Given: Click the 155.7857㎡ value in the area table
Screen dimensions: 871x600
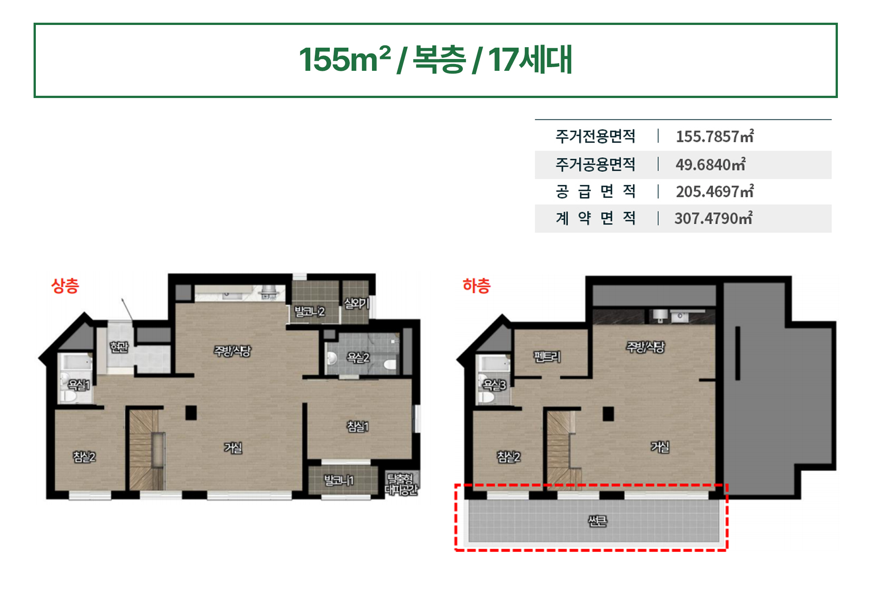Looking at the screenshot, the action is [x=715, y=136].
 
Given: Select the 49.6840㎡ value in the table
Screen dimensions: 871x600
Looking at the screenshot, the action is [x=710, y=164].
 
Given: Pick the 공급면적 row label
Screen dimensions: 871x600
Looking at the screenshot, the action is [x=596, y=192].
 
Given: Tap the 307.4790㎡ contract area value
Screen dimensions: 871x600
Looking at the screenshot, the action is [x=714, y=218].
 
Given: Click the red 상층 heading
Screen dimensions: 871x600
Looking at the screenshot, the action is [x=65, y=286].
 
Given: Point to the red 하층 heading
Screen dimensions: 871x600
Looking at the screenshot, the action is [x=476, y=286].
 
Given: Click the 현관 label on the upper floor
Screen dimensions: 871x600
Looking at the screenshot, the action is [x=119, y=347].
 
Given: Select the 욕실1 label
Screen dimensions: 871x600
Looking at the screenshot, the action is [x=79, y=385].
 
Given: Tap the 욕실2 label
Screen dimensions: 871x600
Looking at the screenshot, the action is [x=358, y=358].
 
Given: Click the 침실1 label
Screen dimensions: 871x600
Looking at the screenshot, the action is [x=358, y=426].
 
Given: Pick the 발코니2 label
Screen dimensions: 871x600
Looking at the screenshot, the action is [x=310, y=311].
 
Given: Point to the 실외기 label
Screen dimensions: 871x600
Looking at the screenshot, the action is [x=356, y=303].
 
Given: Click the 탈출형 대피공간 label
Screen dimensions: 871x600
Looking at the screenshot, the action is [x=401, y=484].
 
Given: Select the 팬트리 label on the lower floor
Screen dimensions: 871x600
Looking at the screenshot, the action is [x=547, y=357].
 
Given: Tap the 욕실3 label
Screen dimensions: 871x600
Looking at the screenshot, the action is [x=494, y=385].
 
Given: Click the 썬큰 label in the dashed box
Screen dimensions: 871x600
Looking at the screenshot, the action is [x=597, y=521].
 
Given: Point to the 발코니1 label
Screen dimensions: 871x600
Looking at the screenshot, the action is [x=338, y=480].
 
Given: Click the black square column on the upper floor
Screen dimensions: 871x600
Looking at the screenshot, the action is [x=191, y=413].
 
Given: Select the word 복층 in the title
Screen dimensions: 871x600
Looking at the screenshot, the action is [x=439, y=59].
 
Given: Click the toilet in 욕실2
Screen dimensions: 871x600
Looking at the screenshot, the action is [x=390, y=364].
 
